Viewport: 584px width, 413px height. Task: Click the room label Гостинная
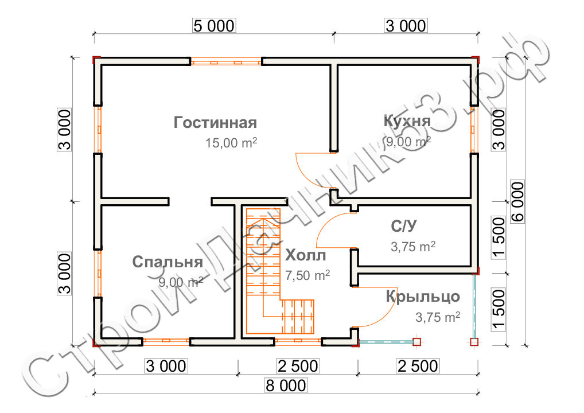215,123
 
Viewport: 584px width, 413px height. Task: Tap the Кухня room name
407,121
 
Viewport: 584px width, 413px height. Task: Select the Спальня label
168,262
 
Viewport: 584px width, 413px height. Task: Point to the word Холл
305,255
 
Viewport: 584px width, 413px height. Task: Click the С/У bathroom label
404,226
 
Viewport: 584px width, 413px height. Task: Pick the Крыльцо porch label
423,297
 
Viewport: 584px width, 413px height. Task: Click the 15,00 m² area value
231,143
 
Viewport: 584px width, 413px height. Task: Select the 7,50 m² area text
307,275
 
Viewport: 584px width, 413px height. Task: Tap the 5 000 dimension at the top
214,26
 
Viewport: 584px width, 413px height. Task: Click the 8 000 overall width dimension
286,385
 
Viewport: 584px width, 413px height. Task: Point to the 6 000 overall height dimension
517,202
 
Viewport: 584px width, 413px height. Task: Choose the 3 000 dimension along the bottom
166,366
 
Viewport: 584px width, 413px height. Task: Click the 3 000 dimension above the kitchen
406,26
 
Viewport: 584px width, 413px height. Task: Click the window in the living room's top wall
226,61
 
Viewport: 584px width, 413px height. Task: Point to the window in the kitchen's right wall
474,130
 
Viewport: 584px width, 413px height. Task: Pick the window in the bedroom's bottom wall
166,341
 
